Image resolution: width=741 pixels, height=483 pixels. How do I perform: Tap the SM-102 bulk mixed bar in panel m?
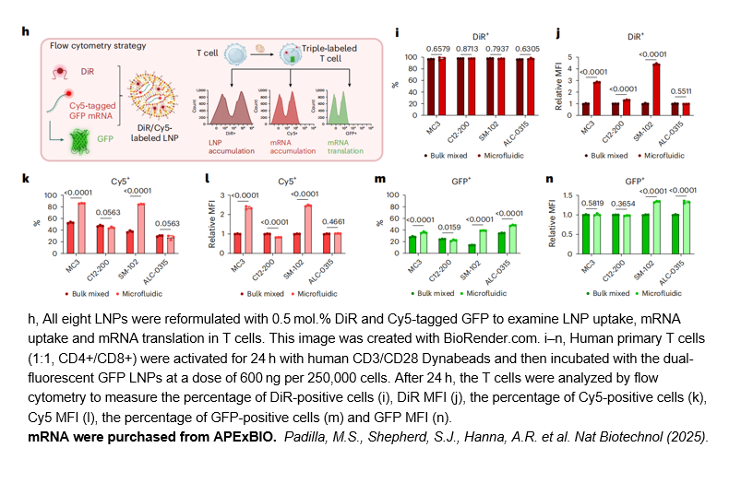(472, 247)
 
